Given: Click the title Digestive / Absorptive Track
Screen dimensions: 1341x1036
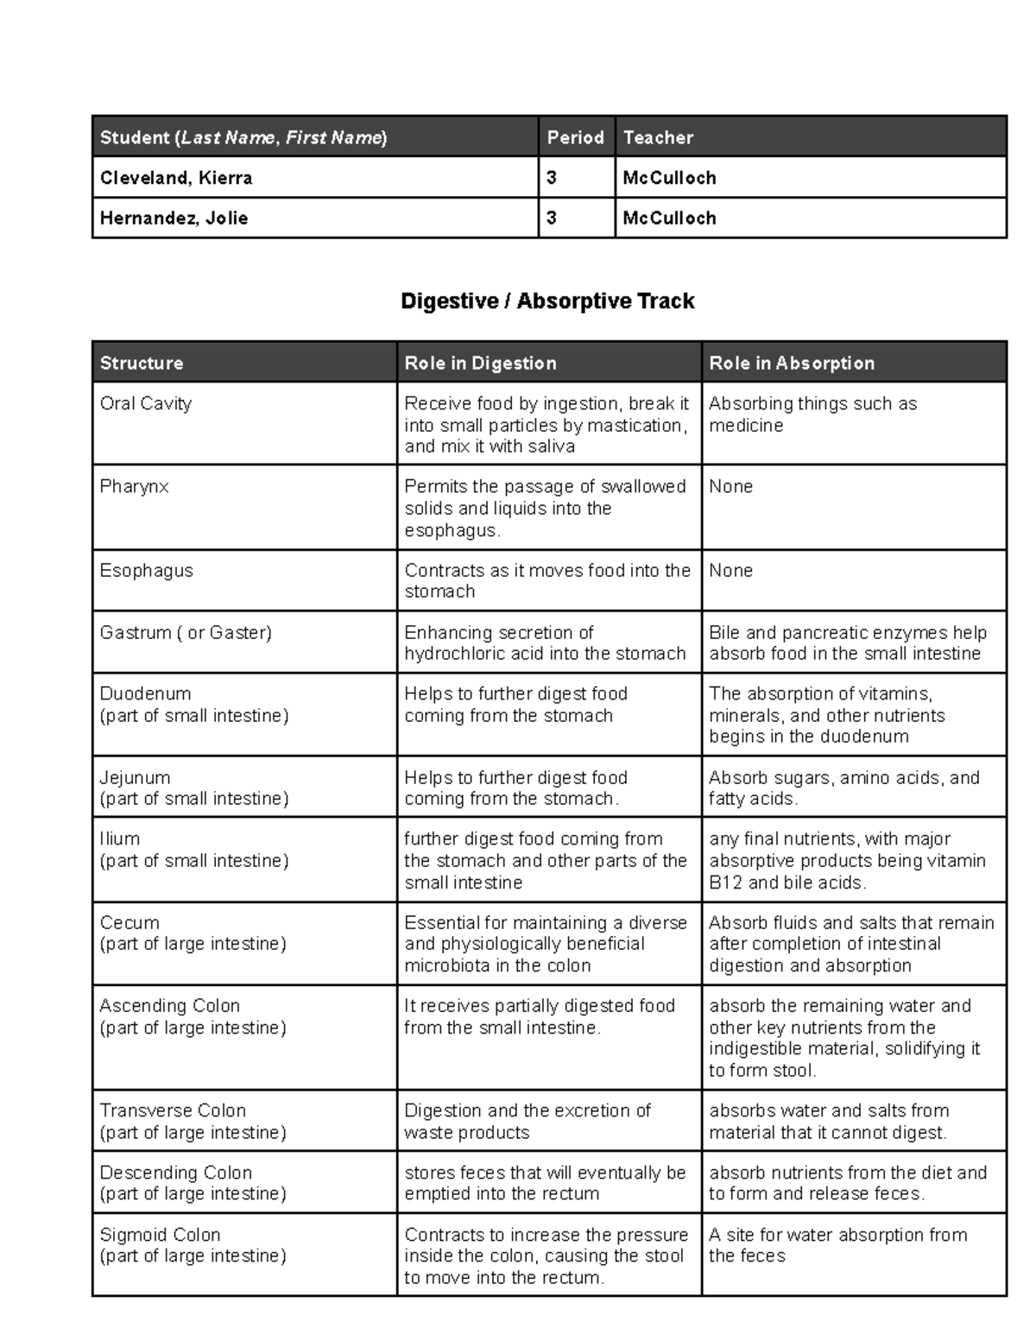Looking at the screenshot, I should pos(547,301).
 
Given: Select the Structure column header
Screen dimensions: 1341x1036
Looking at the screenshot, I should pos(142,363).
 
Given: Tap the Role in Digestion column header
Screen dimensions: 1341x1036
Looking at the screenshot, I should pos(480,363).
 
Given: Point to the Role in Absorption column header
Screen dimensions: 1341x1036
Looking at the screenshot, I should pos(792,363).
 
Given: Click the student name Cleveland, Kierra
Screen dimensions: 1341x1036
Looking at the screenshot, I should pos(176,178).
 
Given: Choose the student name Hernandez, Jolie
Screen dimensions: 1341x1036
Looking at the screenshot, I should pos(174,218).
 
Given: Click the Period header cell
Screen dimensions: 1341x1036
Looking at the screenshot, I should pos(575,137).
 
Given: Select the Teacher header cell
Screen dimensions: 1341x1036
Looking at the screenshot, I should pos(658,137).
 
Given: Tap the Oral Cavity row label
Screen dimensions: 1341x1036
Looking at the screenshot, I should pos(146,403).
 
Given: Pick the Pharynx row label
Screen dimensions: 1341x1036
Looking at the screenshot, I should pos(134,486).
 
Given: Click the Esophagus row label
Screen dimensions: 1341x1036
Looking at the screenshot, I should pos(147,570).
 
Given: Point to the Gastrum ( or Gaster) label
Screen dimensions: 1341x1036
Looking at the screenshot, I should pos(186,632).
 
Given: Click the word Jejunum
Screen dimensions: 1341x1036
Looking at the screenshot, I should pos(135,777).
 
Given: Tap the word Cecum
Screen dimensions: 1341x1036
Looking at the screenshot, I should pos(129,922).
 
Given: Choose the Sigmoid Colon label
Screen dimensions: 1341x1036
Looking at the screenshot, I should pos(160,1235).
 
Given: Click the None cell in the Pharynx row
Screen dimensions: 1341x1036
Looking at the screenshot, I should pos(730,486).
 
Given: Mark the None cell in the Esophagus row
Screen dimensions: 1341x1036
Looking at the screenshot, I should pos(730,570).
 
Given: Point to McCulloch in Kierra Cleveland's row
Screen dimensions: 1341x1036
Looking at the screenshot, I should pos(669,178).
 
